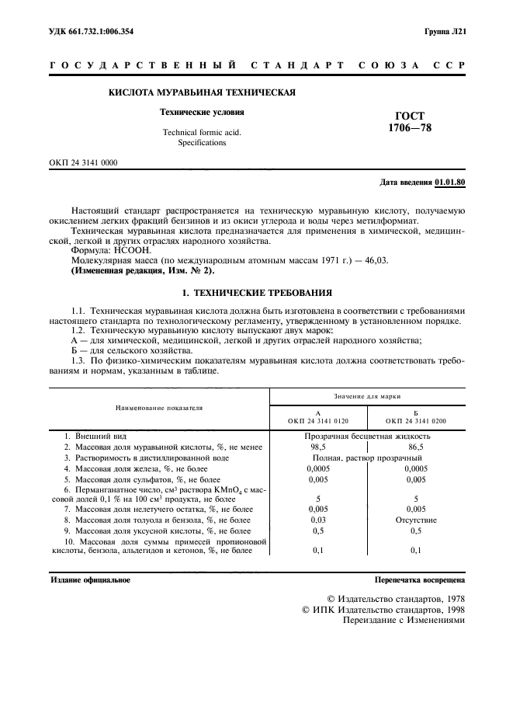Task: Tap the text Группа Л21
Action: tap(444, 32)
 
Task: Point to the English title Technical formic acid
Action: tap(201, 132)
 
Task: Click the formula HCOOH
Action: tap(137, 252)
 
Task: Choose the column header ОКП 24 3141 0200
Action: tap(415, 420)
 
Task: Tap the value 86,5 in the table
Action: tap(415, 447)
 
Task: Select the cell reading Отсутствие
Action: tap(415, 518)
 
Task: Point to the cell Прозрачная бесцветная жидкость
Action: tap(367, 437)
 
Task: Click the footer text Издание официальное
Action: tap(91, 579)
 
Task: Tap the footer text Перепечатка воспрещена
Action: tap(419, 579)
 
